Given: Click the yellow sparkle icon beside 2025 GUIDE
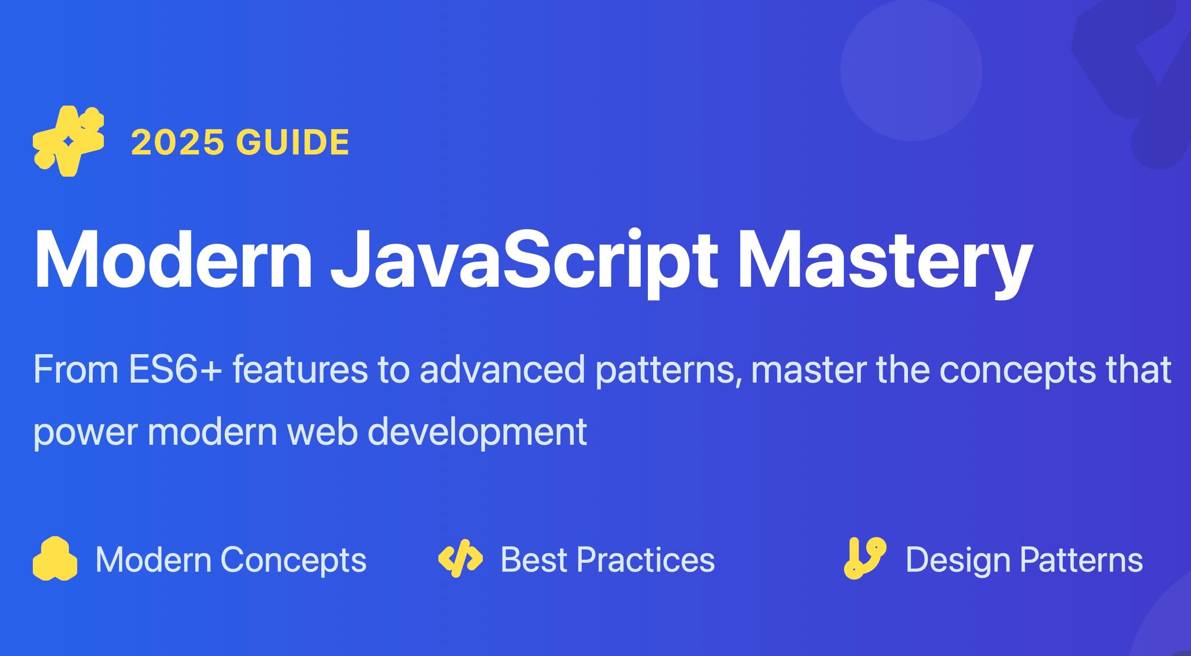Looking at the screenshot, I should pos(68,141).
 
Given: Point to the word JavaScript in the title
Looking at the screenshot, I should pos(525,261).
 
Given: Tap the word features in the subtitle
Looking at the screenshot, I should pos(300,369).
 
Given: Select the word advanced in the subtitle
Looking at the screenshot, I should pos(502,369).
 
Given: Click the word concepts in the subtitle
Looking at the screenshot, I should pos(1017,370).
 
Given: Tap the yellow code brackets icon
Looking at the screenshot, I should pos(460,558).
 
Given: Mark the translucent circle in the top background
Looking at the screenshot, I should pos(911,70).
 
